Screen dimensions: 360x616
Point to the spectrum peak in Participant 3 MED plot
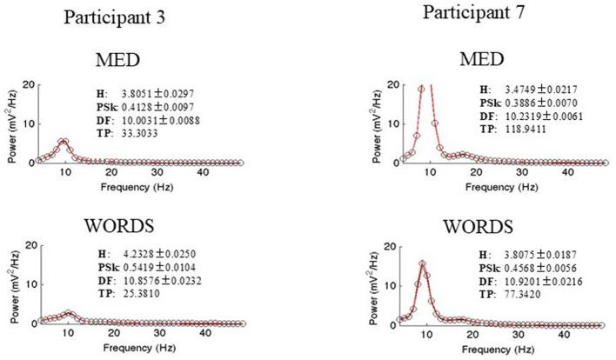(x=63, y=140)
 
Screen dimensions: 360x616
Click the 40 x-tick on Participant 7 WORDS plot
(x=567, y=335)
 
